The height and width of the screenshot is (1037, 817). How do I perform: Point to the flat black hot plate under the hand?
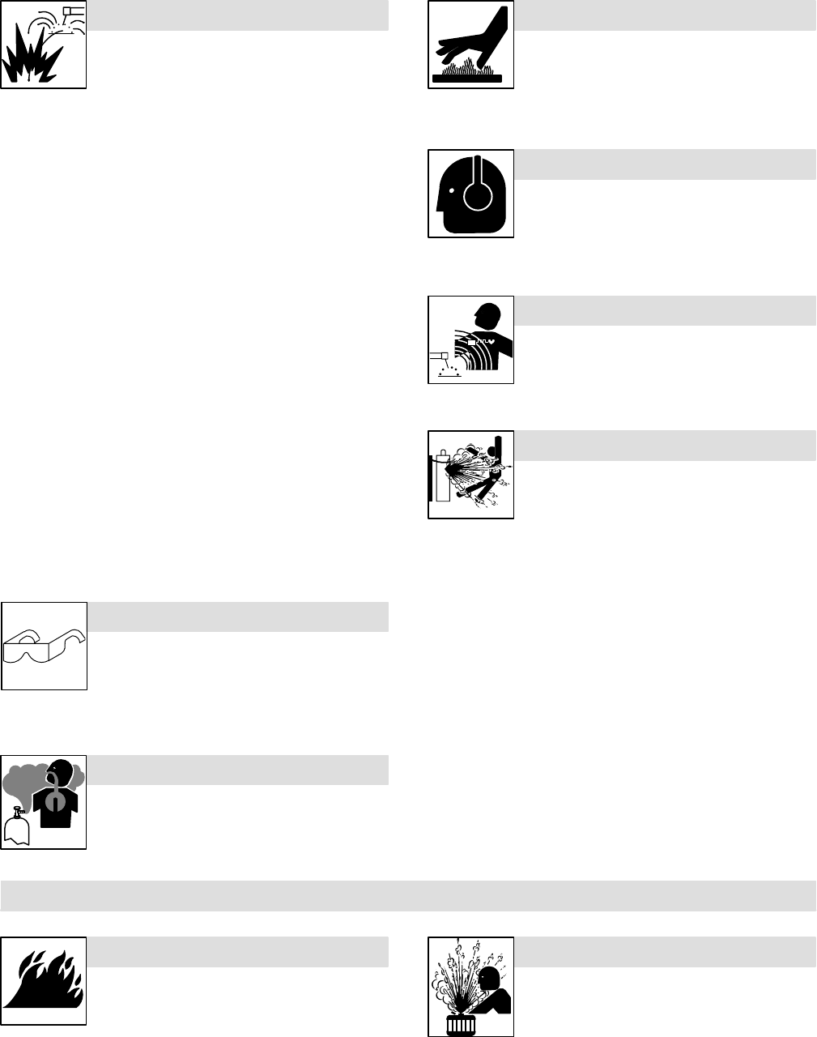point(470,79)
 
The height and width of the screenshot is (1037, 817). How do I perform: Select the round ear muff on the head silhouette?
point(476,195)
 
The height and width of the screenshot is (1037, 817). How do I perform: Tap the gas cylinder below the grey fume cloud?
point(17,826)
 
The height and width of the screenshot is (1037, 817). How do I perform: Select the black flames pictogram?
point(44,982)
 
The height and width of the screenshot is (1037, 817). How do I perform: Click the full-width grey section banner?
point(408,895)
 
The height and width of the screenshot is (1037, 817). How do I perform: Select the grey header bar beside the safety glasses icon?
point(238,617)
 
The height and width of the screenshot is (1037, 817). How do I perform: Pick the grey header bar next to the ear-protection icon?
point(665,164)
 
